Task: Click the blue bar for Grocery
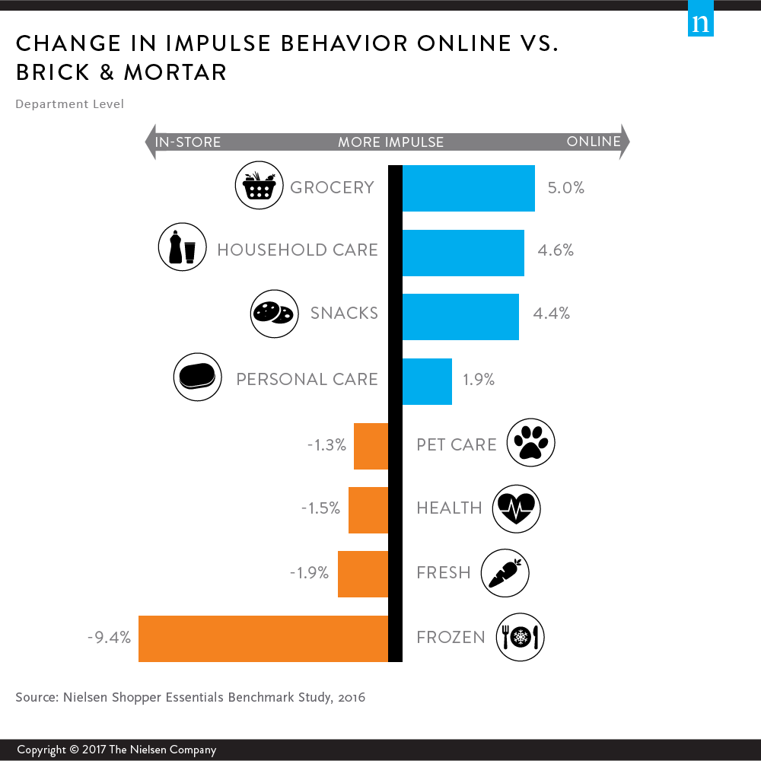[468, 188]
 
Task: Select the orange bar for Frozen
[263, 638]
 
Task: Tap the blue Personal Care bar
[427, 381]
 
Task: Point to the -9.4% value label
[109, 637]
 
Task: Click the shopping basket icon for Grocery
[259, 186]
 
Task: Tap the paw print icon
[530, 443]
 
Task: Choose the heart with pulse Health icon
[516, 508]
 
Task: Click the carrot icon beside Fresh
[505, 572]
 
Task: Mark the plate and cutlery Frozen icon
[521, 636]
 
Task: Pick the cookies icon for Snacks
[273, 313]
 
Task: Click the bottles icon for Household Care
[182, 248]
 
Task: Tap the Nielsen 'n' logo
[701, 23]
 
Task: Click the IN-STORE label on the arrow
[188, 142]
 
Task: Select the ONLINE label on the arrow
[594, 142]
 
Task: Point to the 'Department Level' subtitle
[69, 103]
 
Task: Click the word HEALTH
[449, 508]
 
